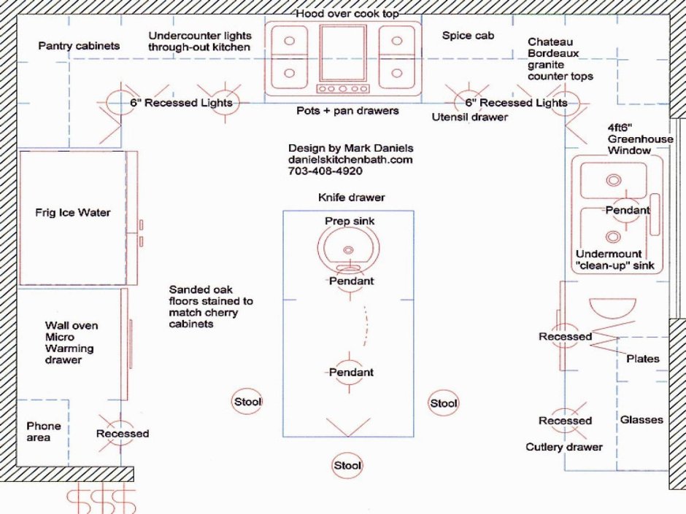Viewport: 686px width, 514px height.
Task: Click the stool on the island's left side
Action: point(247,401)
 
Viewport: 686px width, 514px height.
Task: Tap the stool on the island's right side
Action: point(443,402)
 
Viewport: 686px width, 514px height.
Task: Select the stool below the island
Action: point(347,465)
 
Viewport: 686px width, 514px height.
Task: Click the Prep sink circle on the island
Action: point(348,248)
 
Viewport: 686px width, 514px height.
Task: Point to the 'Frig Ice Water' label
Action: point(73,213)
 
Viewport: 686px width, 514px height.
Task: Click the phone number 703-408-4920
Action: point(325,171)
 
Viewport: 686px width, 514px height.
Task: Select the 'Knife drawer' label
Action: point(351,198)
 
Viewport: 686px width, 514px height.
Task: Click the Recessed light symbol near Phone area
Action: point(122,434)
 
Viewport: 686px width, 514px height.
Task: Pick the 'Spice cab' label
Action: point(469,35)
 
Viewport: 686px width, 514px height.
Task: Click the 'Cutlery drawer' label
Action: point(564,446)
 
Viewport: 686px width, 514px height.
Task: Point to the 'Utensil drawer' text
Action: point(470,117)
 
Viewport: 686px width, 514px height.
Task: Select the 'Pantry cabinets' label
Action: point(79,46)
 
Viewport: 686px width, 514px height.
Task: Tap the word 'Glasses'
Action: point(641,419)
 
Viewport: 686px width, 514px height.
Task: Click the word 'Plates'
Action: point(643,359)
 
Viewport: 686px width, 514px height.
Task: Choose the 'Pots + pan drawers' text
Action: point(347,111)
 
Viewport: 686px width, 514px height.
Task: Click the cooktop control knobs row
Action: point(343,89)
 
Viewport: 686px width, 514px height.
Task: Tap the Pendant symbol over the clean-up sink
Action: point(627,210)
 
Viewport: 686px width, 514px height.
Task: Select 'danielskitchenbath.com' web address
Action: point(350,160)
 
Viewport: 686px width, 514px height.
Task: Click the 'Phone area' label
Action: point(44,431)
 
